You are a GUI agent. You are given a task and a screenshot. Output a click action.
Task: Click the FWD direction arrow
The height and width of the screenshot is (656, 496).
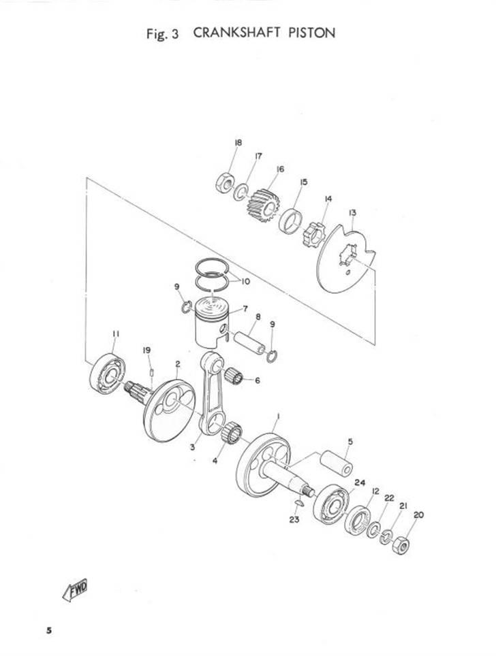click(x=76, y=590)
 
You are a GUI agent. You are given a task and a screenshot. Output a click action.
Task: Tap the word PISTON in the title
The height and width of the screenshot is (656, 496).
click(x=311, y=33)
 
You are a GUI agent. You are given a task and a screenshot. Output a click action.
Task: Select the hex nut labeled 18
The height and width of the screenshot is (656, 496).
click(x=225, y=182)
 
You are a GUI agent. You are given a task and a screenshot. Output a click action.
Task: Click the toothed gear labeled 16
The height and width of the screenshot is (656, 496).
click(x=263, y=205)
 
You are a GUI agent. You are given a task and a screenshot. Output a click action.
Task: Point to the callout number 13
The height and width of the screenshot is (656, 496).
click(x=352, y=213)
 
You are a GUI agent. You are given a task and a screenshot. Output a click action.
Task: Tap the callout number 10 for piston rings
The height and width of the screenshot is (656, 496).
click(x=245, y=282)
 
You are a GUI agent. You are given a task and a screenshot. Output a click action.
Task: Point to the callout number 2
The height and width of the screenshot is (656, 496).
click(x=178, y=364)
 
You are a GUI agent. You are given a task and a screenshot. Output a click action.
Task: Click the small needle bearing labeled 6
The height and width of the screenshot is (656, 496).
click(x=234, y=376)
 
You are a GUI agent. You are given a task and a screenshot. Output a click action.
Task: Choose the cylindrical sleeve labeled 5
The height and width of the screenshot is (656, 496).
click(x=337, y=463)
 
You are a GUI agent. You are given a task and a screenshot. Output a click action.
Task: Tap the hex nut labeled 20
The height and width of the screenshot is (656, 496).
click(x=401, y=544)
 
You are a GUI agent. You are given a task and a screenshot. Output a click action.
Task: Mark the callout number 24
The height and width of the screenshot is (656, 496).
click(x=360, y=482)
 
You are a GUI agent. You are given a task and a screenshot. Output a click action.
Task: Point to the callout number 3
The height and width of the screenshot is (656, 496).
click(x=192, y=447)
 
